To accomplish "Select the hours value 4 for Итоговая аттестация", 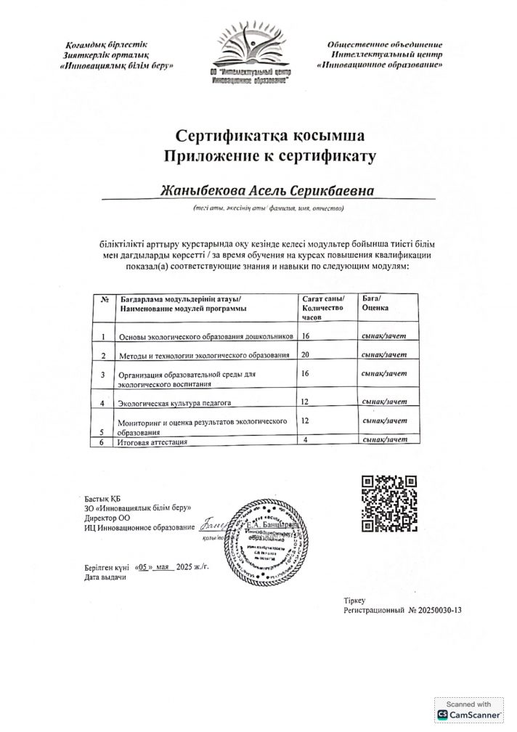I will (x=306, y=440).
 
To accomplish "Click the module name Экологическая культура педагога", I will (x=179, y=402).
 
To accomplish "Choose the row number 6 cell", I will (x=103, y=442).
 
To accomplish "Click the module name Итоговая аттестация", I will (x=152, y=442).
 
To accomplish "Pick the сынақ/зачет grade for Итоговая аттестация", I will (x=384, y=440).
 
